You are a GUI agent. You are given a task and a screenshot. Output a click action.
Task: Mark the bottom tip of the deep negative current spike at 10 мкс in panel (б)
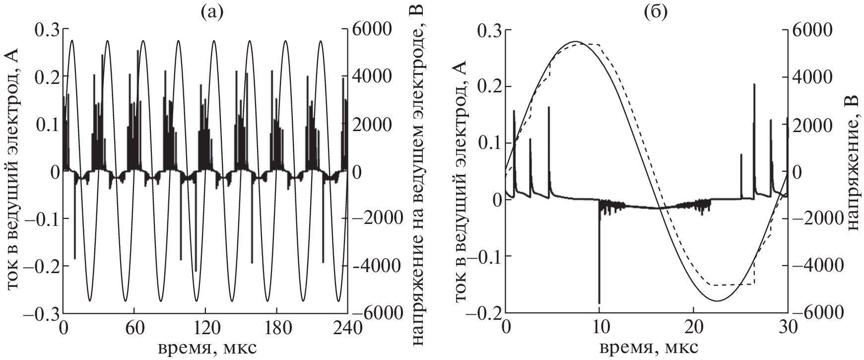599,303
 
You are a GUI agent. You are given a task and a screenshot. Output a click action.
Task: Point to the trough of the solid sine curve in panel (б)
717,301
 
